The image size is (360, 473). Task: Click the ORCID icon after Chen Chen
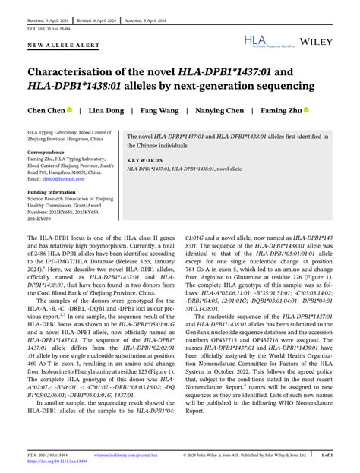(69, 110)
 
